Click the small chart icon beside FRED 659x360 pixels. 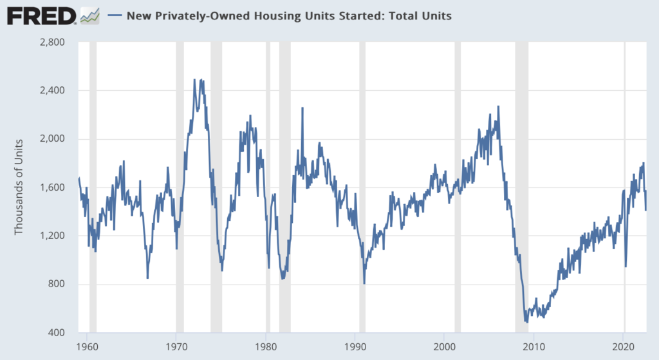[x=90, y=15]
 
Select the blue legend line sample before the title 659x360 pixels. [x=114, y=16]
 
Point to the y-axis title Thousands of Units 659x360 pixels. [x=19, y=187]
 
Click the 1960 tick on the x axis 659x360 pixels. [x=87, y=345]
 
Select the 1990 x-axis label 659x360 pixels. [x=355, y=345]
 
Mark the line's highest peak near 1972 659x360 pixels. [x=195, y=80]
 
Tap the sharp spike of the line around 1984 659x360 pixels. [x=302, y=108]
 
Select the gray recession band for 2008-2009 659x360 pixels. [x=522, y=187]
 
